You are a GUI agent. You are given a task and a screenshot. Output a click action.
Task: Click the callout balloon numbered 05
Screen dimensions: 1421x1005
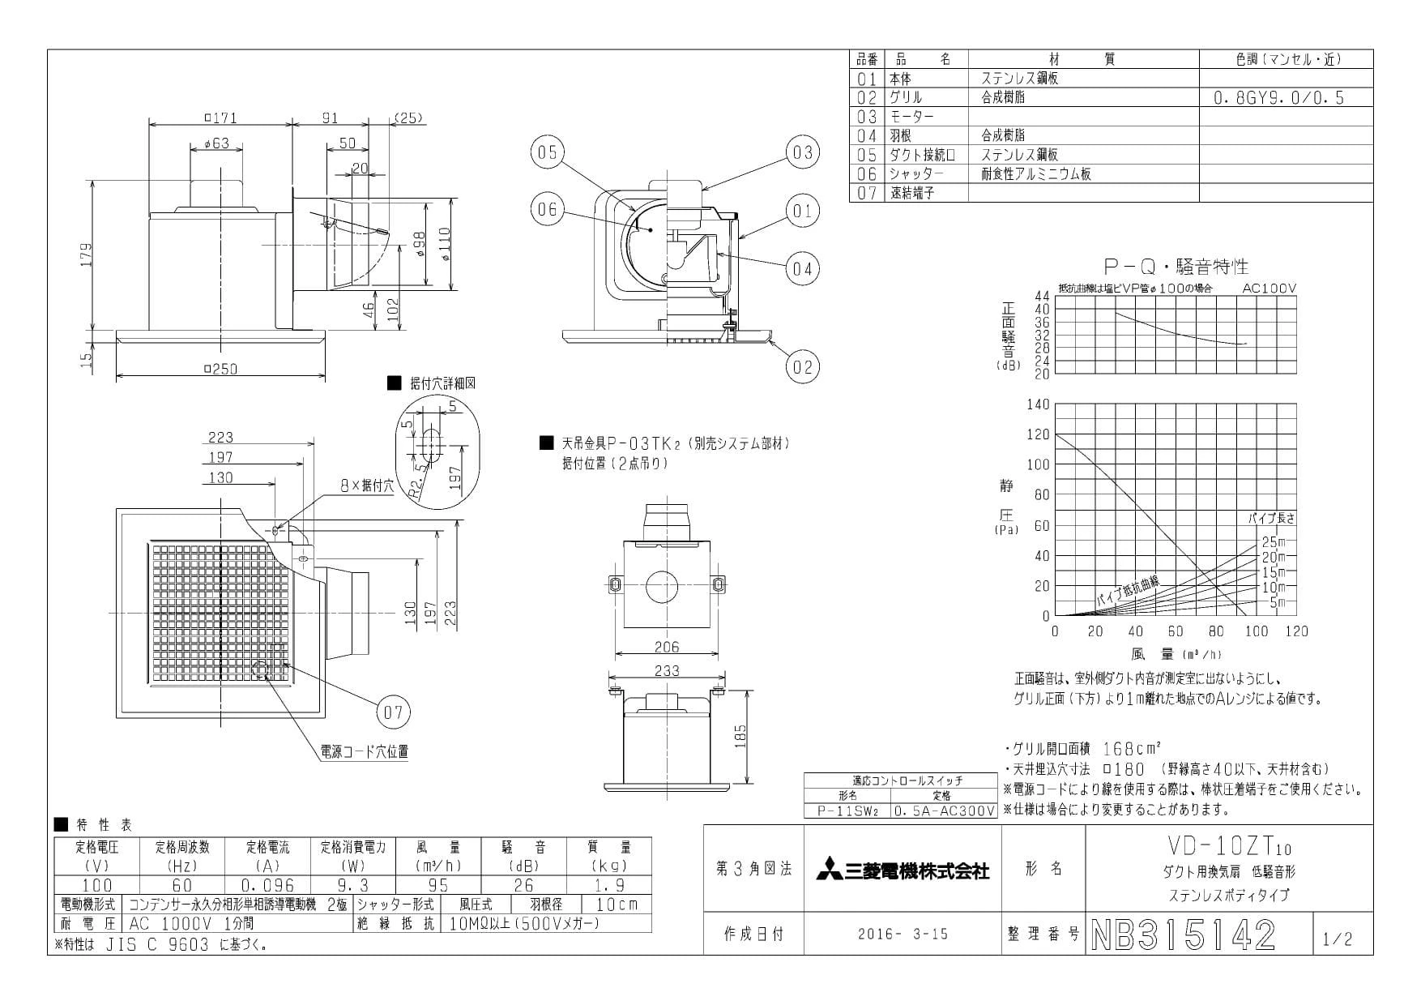pyautogui.click(x=548, y=152)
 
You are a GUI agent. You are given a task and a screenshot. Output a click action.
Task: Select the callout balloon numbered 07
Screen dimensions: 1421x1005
pyautogui.click(x=394, y=712)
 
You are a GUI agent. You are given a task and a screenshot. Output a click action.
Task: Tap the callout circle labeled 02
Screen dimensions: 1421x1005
pyautogui.click(x=802, y=366)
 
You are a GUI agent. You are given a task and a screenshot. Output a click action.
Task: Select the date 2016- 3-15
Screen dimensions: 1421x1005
pyautogui.click(x=903, y=934)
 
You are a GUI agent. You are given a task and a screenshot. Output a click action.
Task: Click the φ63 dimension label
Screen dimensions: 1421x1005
pyautogui.click(x=213, y=143)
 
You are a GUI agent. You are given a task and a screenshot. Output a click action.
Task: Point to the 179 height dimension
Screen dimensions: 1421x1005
pyautogui.click(x=87, y=254)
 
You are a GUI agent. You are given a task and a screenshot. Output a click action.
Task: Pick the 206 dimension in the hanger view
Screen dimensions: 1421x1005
pyautogui.click(x=666, y=647)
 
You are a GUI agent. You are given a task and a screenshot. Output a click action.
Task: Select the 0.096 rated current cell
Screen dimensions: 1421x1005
pyautogui.click(x=268, y=885)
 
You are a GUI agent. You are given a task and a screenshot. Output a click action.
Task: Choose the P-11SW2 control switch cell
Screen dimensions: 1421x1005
pyautogui.click(x=847, y=810)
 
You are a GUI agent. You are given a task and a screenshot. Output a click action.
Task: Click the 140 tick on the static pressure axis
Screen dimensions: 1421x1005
pyautogui.click(x=1039, y=404)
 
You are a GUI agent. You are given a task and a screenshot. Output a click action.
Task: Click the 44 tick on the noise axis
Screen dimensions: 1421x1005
pyautogui.click(x=1042, y=297)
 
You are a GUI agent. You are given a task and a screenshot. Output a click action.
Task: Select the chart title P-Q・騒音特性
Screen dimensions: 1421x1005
pyautogui.click(x=1176, y=266)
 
